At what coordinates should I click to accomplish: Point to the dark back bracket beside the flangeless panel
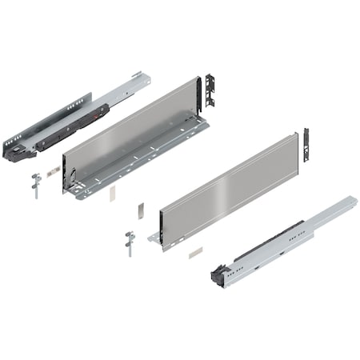(306, 144)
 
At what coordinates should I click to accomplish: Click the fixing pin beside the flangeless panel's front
(129, 242)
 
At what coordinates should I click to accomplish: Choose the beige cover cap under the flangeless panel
(192, 250)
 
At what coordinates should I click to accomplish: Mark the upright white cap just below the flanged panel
(113, 192)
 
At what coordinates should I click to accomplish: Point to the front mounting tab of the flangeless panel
(154, 238)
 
